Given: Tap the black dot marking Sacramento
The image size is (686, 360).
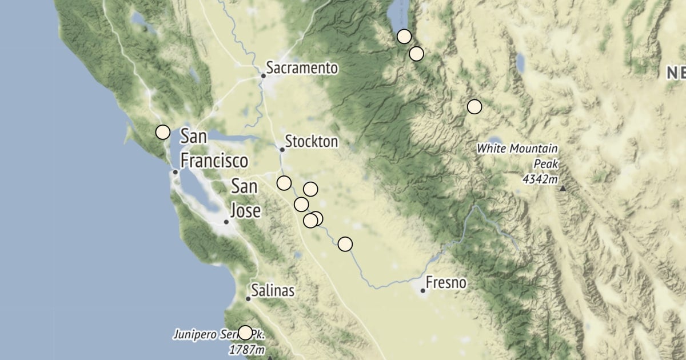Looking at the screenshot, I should tap(264, 75).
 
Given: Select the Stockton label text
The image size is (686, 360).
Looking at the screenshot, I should tap(312, 141).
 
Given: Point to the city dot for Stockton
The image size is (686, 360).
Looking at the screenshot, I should tap(282, 150).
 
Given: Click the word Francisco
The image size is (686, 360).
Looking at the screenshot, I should tap(214, 161).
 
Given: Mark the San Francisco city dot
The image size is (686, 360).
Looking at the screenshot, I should tap(176, 172).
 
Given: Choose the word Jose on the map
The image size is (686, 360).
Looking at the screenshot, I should tap(246, 211).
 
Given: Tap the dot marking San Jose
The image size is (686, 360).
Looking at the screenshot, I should tap(226, 222).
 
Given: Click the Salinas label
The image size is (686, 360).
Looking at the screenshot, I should tap(274, 291).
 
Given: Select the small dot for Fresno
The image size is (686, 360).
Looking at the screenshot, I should tap(422, 291).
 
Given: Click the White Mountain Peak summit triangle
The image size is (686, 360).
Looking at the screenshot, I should tap(564, 188).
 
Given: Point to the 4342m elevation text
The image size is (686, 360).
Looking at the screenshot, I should tap(540, 179).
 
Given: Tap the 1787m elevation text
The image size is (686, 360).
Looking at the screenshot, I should tap(247, 349).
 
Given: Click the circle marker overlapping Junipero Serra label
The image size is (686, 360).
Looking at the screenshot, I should tap(245, 333).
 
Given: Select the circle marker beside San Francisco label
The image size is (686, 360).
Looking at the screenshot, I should tap(163, 132).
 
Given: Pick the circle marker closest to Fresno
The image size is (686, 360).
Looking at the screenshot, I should tap(345, 245).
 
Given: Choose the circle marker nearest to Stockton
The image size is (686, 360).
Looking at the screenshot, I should tap(284, 183).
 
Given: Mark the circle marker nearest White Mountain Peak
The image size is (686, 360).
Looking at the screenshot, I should tap(474, 106).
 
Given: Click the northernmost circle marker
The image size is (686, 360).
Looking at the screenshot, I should tap(404, 37).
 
